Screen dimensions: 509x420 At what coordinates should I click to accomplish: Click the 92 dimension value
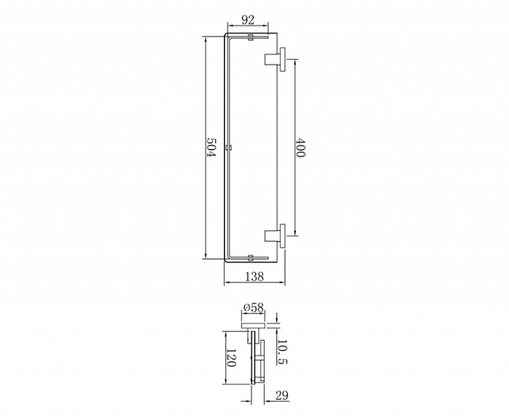pos(248,20)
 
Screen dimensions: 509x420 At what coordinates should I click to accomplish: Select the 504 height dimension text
pos(211,148)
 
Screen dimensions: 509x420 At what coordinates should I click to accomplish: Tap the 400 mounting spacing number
pos(300,148)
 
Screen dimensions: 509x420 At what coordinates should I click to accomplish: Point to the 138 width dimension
pos(254,277)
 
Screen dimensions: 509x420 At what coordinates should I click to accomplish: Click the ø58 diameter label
pos(253,307)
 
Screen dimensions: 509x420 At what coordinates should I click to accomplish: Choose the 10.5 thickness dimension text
pos(282,352)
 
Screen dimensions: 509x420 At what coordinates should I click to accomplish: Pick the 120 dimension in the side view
pos(230,358)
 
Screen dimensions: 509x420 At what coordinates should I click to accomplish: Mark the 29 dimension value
pos(282,395)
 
